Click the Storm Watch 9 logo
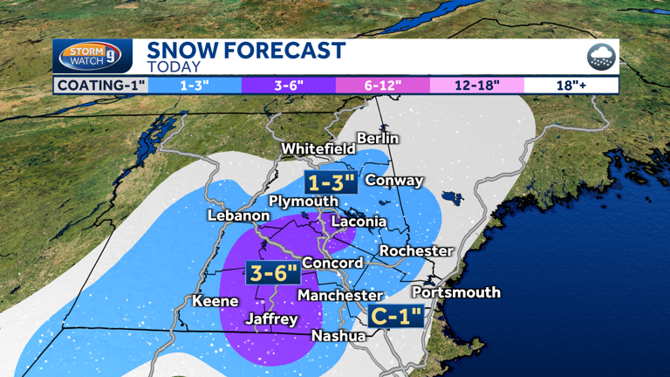click(91, 57)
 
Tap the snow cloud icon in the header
click(600, 57)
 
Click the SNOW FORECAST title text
click(246, 51)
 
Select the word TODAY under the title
click(174, 67)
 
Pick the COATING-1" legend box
click(100, 86)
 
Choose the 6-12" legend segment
click(382, 86)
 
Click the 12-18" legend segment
click(476, 86)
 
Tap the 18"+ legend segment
click(571, 86)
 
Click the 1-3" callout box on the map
click(331, 182)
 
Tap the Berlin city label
click(378, 138)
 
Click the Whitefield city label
click(318, 149)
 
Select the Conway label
click(393, 181)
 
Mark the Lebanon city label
click(238, 216)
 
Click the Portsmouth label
click(455, 291)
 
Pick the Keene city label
click(215, 301)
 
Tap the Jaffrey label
click(271, 319)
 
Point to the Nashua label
click(338, 335)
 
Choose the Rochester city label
click(415, 250)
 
